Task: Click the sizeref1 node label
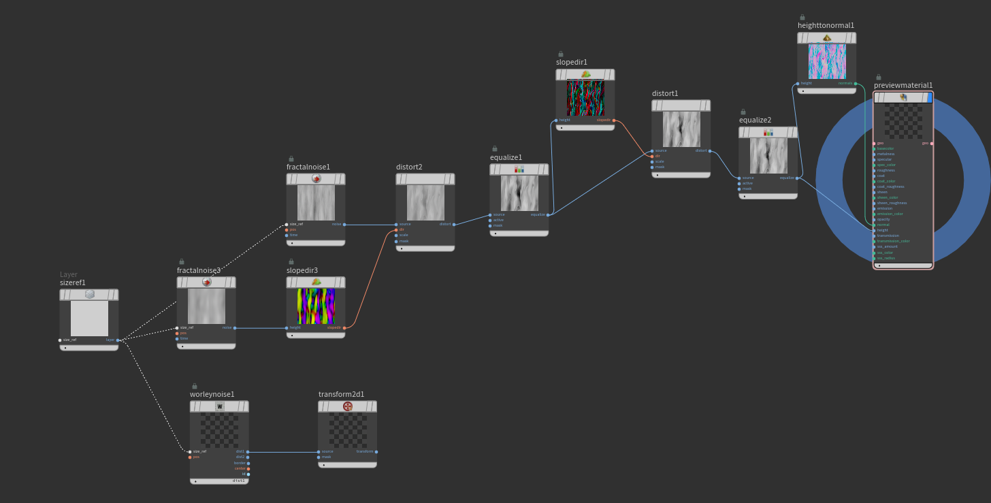click(73, 282)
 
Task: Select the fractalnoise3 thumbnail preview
click(206, 306)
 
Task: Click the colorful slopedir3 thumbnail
click(316, 306)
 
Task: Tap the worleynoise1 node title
click(212, 394)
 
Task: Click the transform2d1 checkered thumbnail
click(347, 429)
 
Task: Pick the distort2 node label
click(409, 167)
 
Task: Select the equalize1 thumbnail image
click(519, 193)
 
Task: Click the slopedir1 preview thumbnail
click(585, 98)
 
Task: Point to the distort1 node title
click(665, 93)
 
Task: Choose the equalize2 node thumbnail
click(768, 156)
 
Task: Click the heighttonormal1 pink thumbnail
click(827, 61)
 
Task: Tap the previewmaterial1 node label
click(903, 85)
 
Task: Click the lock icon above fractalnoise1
click(291, 159)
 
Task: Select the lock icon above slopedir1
click(561, 54)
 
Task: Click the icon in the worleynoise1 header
click(219, 406)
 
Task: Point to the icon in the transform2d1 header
click(348, 406)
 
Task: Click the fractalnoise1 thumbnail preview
click(316, 202)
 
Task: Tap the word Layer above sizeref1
click(69, 274)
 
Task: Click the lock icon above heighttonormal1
click(802, 17)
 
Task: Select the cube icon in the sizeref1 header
click(89, 295)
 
